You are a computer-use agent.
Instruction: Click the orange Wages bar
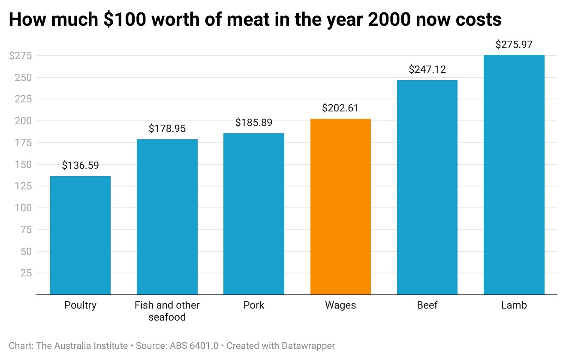340,207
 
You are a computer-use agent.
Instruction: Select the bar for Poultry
80,235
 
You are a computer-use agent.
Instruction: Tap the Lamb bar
514,175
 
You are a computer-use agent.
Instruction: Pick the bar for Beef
427,187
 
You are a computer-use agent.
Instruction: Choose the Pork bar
253,214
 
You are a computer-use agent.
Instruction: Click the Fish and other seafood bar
167,217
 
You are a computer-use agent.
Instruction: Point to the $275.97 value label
514,45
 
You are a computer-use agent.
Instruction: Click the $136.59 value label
80,166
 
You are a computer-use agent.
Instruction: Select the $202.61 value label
340,108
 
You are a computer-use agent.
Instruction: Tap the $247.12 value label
427,69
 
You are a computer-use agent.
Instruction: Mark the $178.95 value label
167,129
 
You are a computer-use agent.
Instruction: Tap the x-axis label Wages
340,306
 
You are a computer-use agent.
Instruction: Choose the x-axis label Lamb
514,306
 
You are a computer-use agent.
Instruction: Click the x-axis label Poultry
80,306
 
